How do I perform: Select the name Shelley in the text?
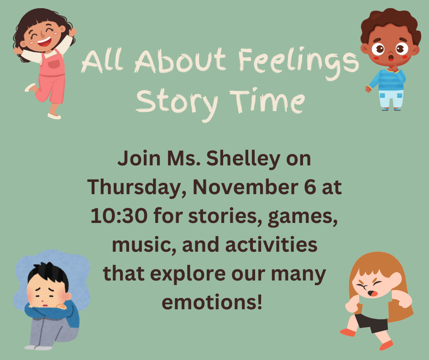pyautogui.click(x=243, y=159)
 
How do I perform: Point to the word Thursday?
pyautogui.click(x=137, y=188)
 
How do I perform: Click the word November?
pyautogui.click(x=246, y=187)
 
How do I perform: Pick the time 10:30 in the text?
pyautogui.click(x=119, y=216)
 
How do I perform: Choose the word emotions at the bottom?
pyautogui.click(x=212, y=302)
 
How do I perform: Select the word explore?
pyautogui.click(x=188, y=275)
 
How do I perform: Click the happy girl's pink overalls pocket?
pyautogui.click(x=54, y=64)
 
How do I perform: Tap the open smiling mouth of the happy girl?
pyautogui.click(x=44, y=42)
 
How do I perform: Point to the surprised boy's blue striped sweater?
pyautogui.click(x=388, y=79)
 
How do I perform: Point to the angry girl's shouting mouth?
pyautogui.click(x=373, y=293)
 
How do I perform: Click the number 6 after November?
pyautogui.click(x=310, y=187)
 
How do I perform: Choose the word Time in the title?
pyautogui.click(x=267, y=101)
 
